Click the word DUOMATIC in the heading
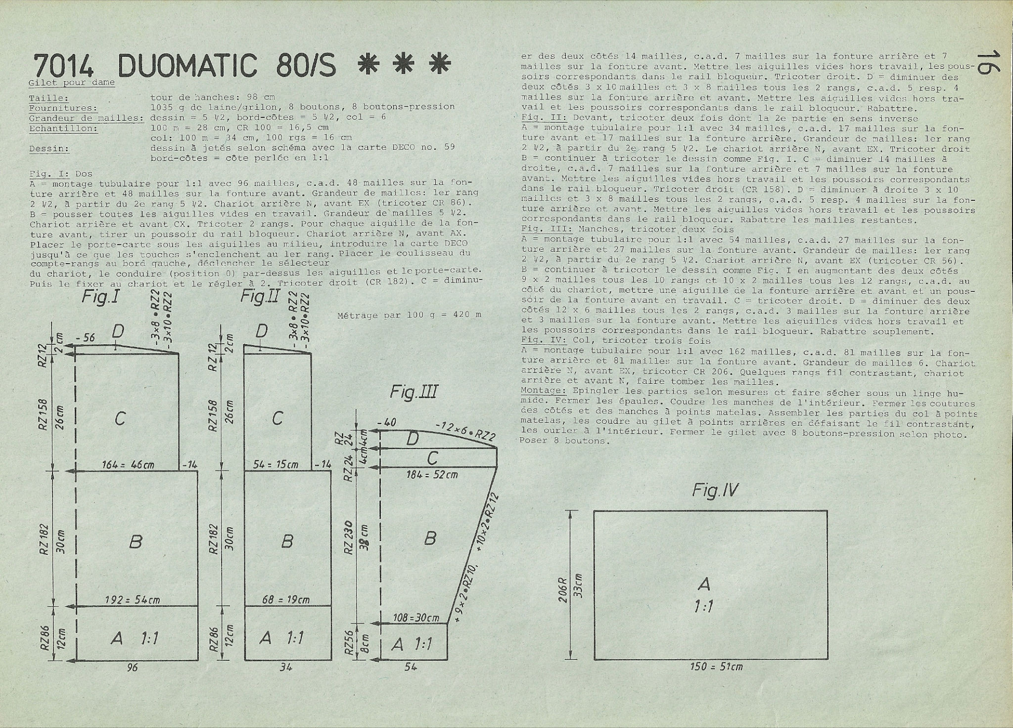click(x=189, y=65)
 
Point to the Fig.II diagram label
click(x=260, y=298)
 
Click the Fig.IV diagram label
click(x=715, y=491)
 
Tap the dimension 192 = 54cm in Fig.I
click(x=132, y=600)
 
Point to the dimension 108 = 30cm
click(x=416, y=618)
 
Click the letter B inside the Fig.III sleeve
click(x=430, y=538)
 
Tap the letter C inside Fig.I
click(x=120, y=418)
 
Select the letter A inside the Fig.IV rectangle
click(x=704, y=584)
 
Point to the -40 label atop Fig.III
click(x=386, y=423)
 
